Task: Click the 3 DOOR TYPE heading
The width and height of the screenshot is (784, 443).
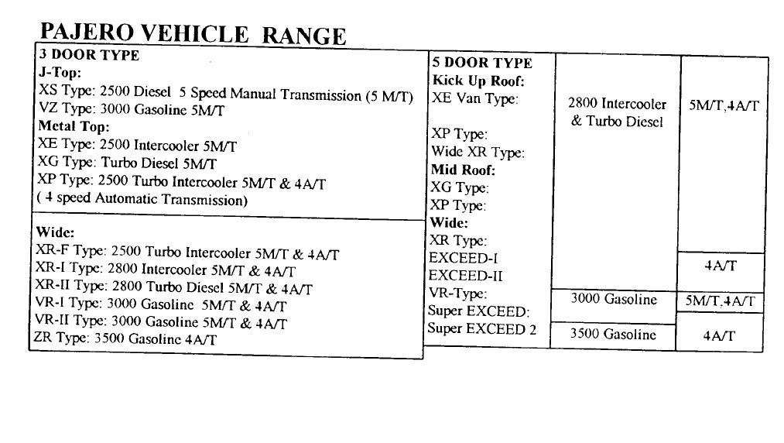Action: click(x=89, y=56)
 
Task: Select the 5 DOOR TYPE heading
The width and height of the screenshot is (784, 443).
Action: click(x=482, y=64)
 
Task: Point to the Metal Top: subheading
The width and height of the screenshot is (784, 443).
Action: click(x=74, y=126)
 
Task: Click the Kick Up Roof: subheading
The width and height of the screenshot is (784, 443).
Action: click(x=479, y=81)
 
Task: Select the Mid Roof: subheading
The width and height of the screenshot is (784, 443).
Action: click(x=463, y=170)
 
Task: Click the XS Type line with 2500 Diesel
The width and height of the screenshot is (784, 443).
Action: click(x=225, y=94)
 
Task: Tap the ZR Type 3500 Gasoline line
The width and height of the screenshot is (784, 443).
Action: click(x=125, y=338)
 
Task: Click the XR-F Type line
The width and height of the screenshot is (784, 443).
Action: click(x=188, y=253)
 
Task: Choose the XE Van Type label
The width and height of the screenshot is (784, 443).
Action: click(x=474, y=98)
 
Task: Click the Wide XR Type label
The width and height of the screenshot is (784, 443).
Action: click(x=478, y=152)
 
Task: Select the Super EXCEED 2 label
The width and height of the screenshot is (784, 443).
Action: click(x=481, y=328)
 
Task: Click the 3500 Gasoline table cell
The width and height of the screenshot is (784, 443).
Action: click(x=612, y=335)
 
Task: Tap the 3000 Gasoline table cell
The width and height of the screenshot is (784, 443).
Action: click(x=613, y=300)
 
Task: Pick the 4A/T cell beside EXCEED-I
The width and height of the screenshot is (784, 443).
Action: click(x=720, y=266)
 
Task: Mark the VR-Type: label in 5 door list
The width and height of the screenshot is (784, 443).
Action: click(x=457, y=294)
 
